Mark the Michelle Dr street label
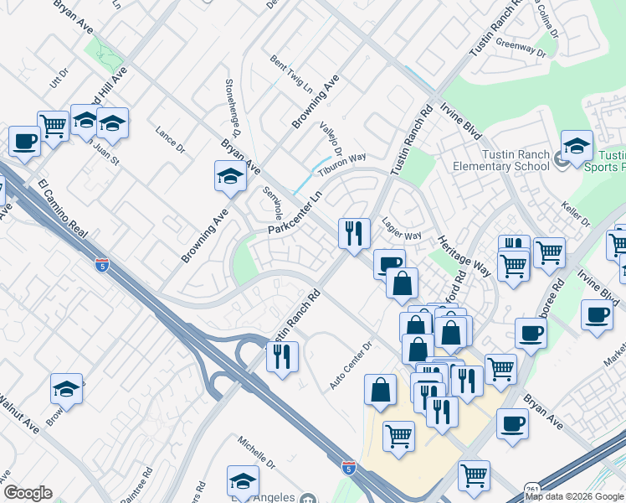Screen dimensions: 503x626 pyautogui.click(x=256, y=452)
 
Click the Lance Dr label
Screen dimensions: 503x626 pyautogui.click(x=170, y=139)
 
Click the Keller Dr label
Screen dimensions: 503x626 pyautogui.click(x=578, y=213)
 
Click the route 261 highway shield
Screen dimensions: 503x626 pyautogui.click(x=532, y=488)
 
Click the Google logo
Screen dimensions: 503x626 pyautogui.click(x=28, y=493)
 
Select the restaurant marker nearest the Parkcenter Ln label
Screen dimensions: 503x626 pyautogui.click(x=354, y=232)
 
